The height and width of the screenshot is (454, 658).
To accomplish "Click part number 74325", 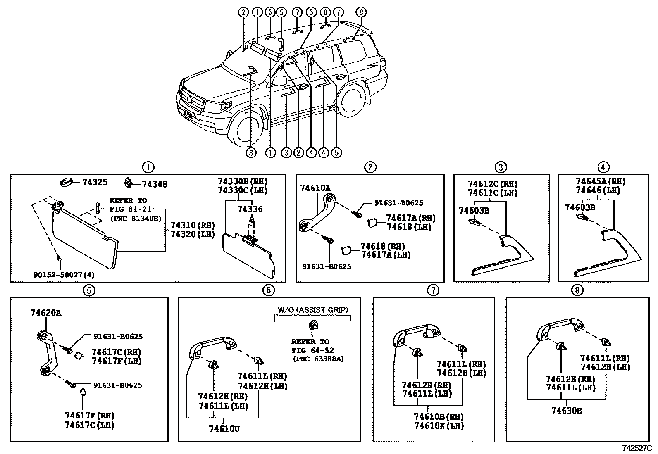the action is click(95, 182).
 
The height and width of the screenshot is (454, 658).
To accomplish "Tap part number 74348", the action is click(155, 184).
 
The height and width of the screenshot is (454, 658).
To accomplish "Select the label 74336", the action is click(250, 209).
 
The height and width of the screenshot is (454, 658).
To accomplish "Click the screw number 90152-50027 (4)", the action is click(64, 275).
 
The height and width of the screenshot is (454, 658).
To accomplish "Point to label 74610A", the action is click(315, 188).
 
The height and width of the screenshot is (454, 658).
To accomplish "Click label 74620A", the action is click(46, 313).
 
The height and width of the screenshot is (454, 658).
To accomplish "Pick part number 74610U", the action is click(224, 429).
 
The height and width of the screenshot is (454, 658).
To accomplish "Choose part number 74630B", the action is click(567, 411).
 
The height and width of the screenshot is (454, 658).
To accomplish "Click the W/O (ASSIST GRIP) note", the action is click(313, 309).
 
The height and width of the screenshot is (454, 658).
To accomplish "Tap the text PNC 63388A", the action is click(318, 359).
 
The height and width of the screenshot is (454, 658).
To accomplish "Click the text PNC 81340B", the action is click(136, 219).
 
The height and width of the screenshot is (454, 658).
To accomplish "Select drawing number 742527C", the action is click(637, 448).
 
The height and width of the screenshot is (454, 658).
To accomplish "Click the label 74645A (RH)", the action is click(601, 181).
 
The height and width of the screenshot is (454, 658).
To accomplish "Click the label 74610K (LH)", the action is click(439, 425).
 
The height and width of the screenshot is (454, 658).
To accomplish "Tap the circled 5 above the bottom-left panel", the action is click(89, 290).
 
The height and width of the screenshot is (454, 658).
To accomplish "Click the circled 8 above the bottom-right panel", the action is click(577, 290).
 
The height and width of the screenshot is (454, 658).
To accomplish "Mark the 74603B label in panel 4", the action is click(580, 207).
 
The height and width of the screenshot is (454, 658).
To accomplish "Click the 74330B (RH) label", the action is click(243, 181).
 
